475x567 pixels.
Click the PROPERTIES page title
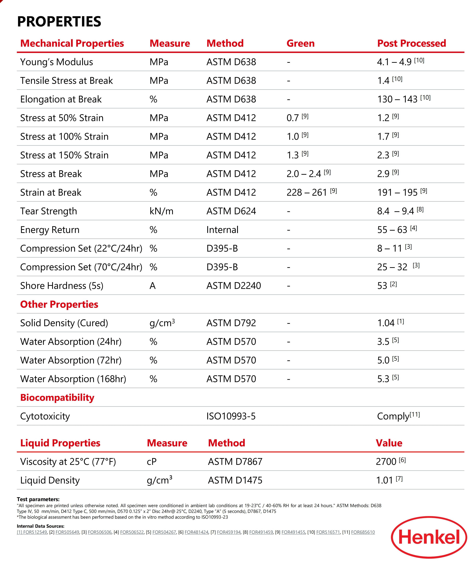point(59,22)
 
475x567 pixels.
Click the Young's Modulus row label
point(57,62)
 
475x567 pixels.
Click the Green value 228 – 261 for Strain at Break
point(307,193)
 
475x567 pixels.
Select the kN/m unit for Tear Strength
point(161,211)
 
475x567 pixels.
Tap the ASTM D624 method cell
point(231,211)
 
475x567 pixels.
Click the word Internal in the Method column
point(222,230)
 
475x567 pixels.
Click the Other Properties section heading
point(59,304)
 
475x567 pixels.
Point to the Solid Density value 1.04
point(386,323)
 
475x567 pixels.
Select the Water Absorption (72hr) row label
point(71,360)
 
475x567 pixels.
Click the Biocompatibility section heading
point(57,398)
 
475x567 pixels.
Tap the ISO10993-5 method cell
point(231,416)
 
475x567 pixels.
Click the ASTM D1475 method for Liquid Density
point(235,480)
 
